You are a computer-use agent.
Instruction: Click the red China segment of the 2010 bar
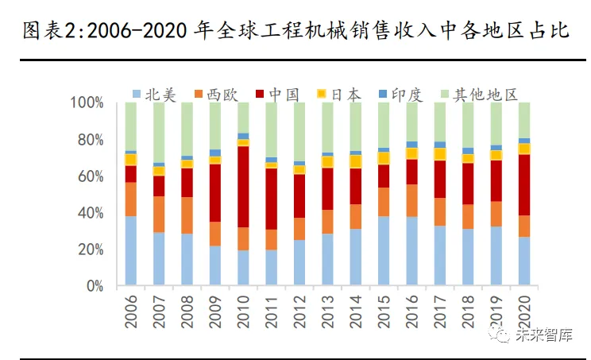[242, 187]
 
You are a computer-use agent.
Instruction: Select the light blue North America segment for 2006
[130, 250]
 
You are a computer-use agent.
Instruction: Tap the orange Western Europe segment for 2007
[159, 214]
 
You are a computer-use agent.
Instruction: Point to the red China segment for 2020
[524, 184]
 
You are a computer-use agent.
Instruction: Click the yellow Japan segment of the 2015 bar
[384, 157]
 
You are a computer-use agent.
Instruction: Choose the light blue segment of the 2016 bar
[411, 250]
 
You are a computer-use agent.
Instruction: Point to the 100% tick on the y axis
[87, 103]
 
